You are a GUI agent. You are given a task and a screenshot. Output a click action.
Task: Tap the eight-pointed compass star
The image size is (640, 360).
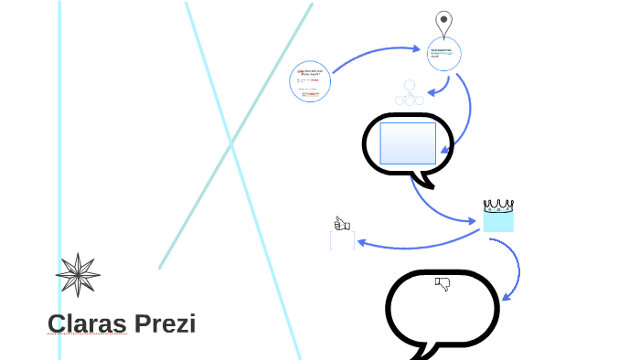pyautogui.click(x=78, y=275)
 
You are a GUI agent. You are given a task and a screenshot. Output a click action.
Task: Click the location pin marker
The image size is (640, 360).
pyautogui.click(x=443, y=22)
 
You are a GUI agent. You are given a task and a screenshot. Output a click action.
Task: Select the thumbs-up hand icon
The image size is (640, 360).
pyautogui.click(x=342, y=223)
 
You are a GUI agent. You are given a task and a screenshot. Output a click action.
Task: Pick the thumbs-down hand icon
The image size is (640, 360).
pyautogui.click(x=443, y=284)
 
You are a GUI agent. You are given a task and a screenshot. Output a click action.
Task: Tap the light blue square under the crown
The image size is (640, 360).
pyautogui.click(x=498, y=221)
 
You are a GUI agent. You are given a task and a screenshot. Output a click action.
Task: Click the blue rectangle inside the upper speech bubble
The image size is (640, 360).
pyautogui.click(x=408, y=143)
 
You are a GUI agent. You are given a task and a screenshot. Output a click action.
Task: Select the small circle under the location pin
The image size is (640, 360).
pyautogui.click(x=444, y=54)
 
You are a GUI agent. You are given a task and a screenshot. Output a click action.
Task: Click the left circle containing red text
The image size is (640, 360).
pyautogui.click(x=310, y=81)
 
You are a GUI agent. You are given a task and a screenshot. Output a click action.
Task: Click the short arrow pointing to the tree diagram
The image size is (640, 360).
pyautogui.click(x=443, y=87)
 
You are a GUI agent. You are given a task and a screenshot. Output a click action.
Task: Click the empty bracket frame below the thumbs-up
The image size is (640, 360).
pyautogui.click(x=342, y=240)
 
